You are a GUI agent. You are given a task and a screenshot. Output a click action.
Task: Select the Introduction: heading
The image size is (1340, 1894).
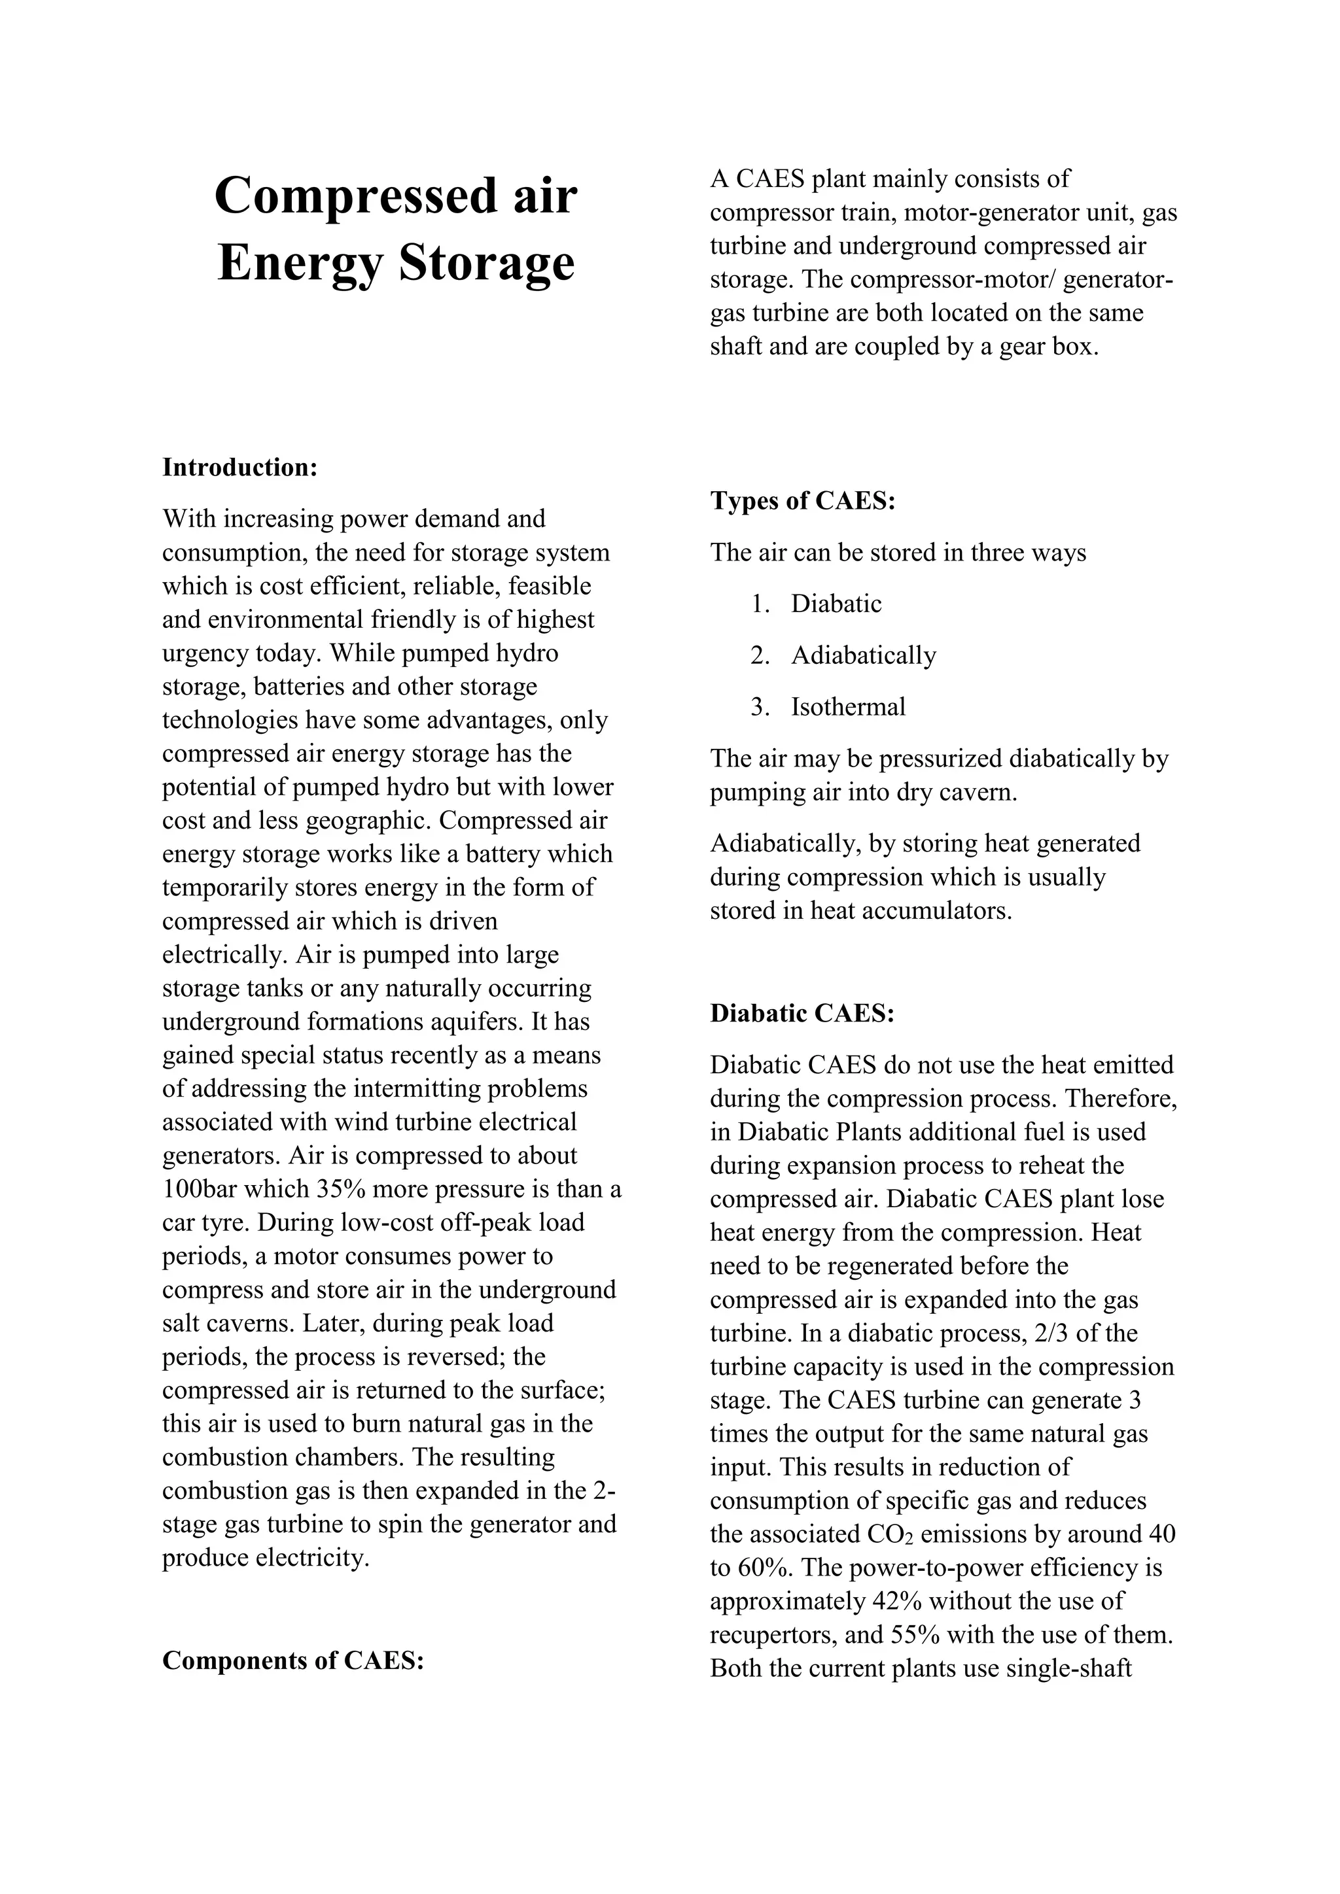tap(239, 467)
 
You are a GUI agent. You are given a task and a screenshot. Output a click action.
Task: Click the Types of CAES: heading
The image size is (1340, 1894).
tap(802, 501)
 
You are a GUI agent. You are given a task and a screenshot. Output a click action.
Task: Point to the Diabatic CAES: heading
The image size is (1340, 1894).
tap(802, 1013)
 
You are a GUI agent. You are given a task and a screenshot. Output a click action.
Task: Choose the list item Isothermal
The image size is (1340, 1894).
tap(847, 706)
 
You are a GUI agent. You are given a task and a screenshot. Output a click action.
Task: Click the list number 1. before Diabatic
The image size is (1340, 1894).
tap(760, 604)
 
